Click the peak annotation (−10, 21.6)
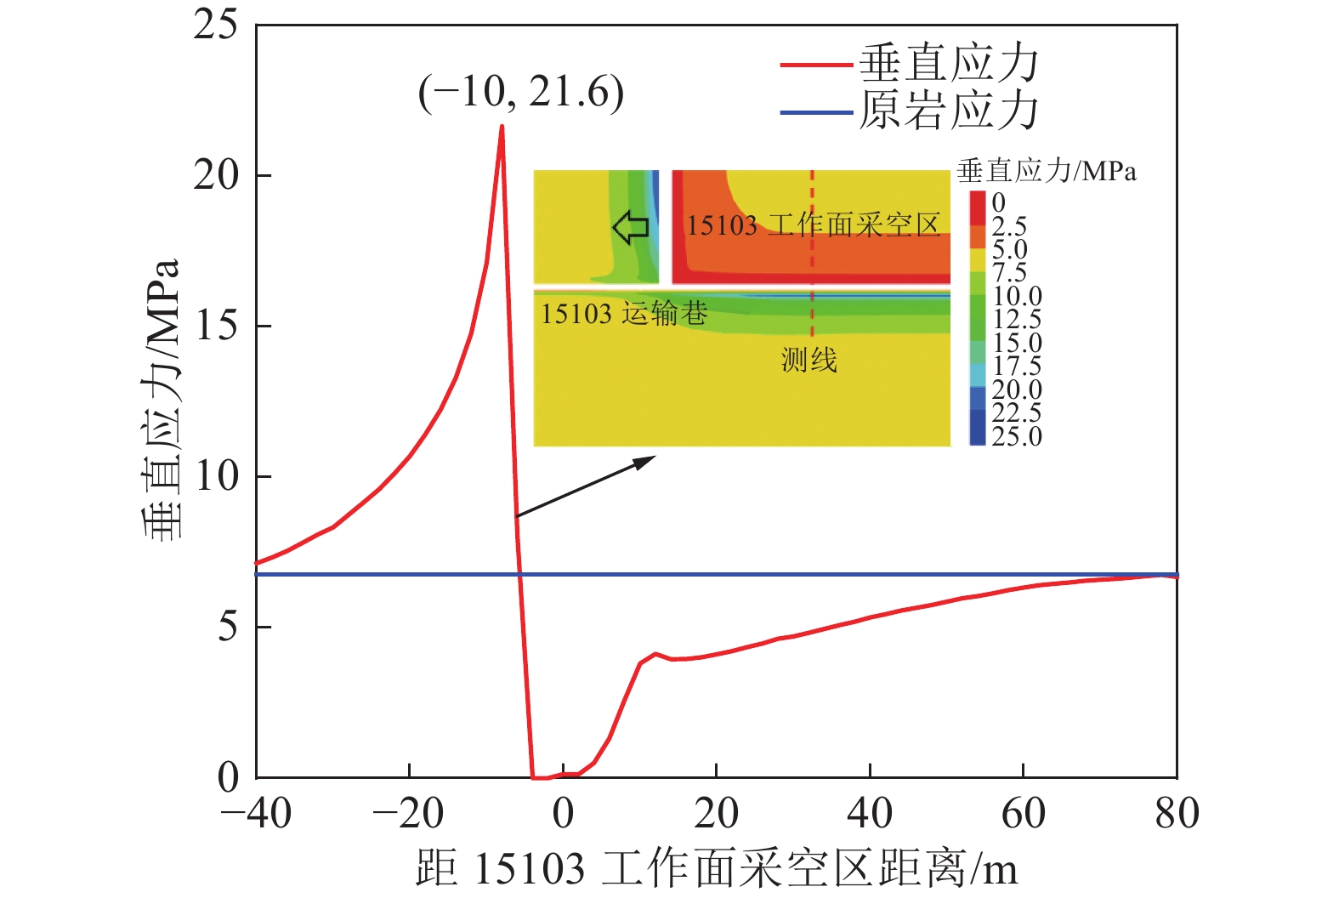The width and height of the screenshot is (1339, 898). (520, 92)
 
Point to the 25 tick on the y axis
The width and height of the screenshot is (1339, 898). (215, 25)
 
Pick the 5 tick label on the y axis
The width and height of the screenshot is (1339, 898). (228, 627)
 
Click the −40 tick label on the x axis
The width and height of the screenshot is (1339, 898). (256, 813)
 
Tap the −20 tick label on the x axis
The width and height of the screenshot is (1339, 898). (409, 813)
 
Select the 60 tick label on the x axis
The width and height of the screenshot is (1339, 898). (1023, 813)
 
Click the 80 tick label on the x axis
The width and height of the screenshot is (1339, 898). (1177, 813)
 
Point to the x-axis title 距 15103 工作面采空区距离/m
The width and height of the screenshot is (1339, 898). (716, 868)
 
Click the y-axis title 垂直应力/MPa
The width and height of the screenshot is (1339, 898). (162, 400)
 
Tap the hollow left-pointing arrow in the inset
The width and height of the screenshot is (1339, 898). (630, 227)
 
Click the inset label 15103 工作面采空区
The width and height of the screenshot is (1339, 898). (813, 225)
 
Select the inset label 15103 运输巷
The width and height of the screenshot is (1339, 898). (624, 314)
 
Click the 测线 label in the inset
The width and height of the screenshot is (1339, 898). (809, 360)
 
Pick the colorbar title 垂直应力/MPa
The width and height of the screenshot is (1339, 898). (1046, 171)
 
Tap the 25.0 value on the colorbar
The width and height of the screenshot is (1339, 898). (1016, 436)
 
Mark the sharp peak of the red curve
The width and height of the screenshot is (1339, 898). (502, 127)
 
